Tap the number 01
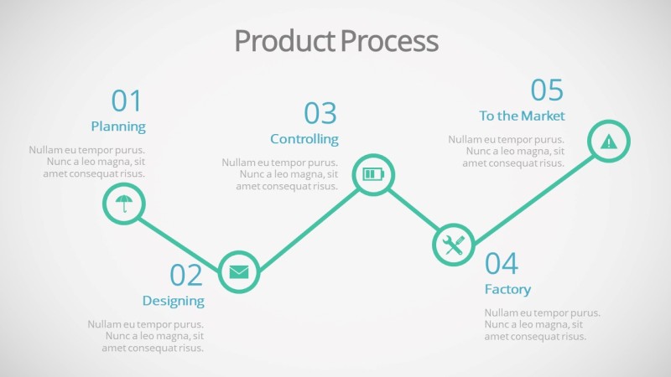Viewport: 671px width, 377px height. point(127,101)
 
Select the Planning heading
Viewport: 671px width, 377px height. point(118,127)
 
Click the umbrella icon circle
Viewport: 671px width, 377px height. point(124,204)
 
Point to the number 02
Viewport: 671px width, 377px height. point(186,275)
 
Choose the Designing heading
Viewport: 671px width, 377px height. point(173,301)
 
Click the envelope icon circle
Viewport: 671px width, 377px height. point(239,271)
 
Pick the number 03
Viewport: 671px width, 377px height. point(320,113)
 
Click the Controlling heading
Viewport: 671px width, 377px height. point(304,139)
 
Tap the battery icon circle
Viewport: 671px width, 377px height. point(372,175)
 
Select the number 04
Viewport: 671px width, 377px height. point(502,264)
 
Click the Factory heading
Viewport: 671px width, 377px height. point(507,290)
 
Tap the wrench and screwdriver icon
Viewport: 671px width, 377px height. point(453,245)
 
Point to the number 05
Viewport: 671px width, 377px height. point(547,90)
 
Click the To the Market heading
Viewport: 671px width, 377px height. point(522,116)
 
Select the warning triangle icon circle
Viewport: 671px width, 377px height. point(608,141)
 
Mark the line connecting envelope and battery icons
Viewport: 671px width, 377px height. point(305,224)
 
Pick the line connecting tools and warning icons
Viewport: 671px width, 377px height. point(531,193)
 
